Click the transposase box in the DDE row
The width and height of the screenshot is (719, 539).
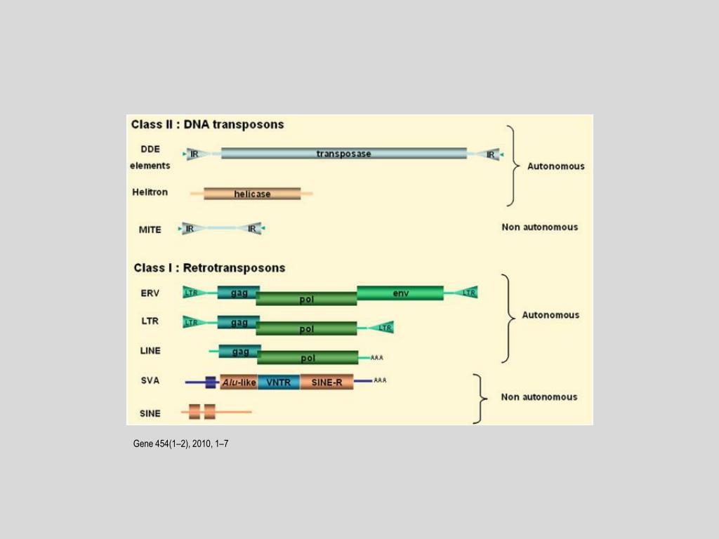[x=343, y=153]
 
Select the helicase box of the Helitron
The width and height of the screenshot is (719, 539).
[x=252, y=193]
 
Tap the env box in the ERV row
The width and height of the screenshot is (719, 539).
[x=400, y=292]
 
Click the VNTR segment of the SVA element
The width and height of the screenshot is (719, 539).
[x=279, y=382]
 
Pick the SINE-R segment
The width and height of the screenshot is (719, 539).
[x=326, y=382]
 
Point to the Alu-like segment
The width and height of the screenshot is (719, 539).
[x=239, y=382]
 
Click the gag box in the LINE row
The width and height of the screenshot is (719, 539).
[x=239, y=351]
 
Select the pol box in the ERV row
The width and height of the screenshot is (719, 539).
[x=306, y=299]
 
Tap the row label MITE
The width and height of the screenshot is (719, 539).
[x=150, y=229]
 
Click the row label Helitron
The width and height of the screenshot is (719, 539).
[x=150, y=192]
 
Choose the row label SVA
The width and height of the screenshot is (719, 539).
[x=150, y=380]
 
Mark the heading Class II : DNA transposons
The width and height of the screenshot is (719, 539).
[x=208, y=124]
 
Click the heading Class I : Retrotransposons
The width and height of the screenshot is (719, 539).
[x=209, y=267]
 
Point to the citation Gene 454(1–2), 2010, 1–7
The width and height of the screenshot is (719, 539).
[x=180, y=444]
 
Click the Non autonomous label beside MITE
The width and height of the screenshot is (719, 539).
[x=540, y=227]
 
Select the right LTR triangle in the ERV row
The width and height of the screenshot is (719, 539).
[x=468, y=292]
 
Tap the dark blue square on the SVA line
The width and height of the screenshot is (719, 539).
[x=211, y=382]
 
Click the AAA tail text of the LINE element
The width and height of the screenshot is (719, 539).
[x=377, y=358]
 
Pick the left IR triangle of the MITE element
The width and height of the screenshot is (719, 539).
[x=189, y=228]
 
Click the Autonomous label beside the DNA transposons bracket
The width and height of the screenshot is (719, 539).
[x=556, y=166]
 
